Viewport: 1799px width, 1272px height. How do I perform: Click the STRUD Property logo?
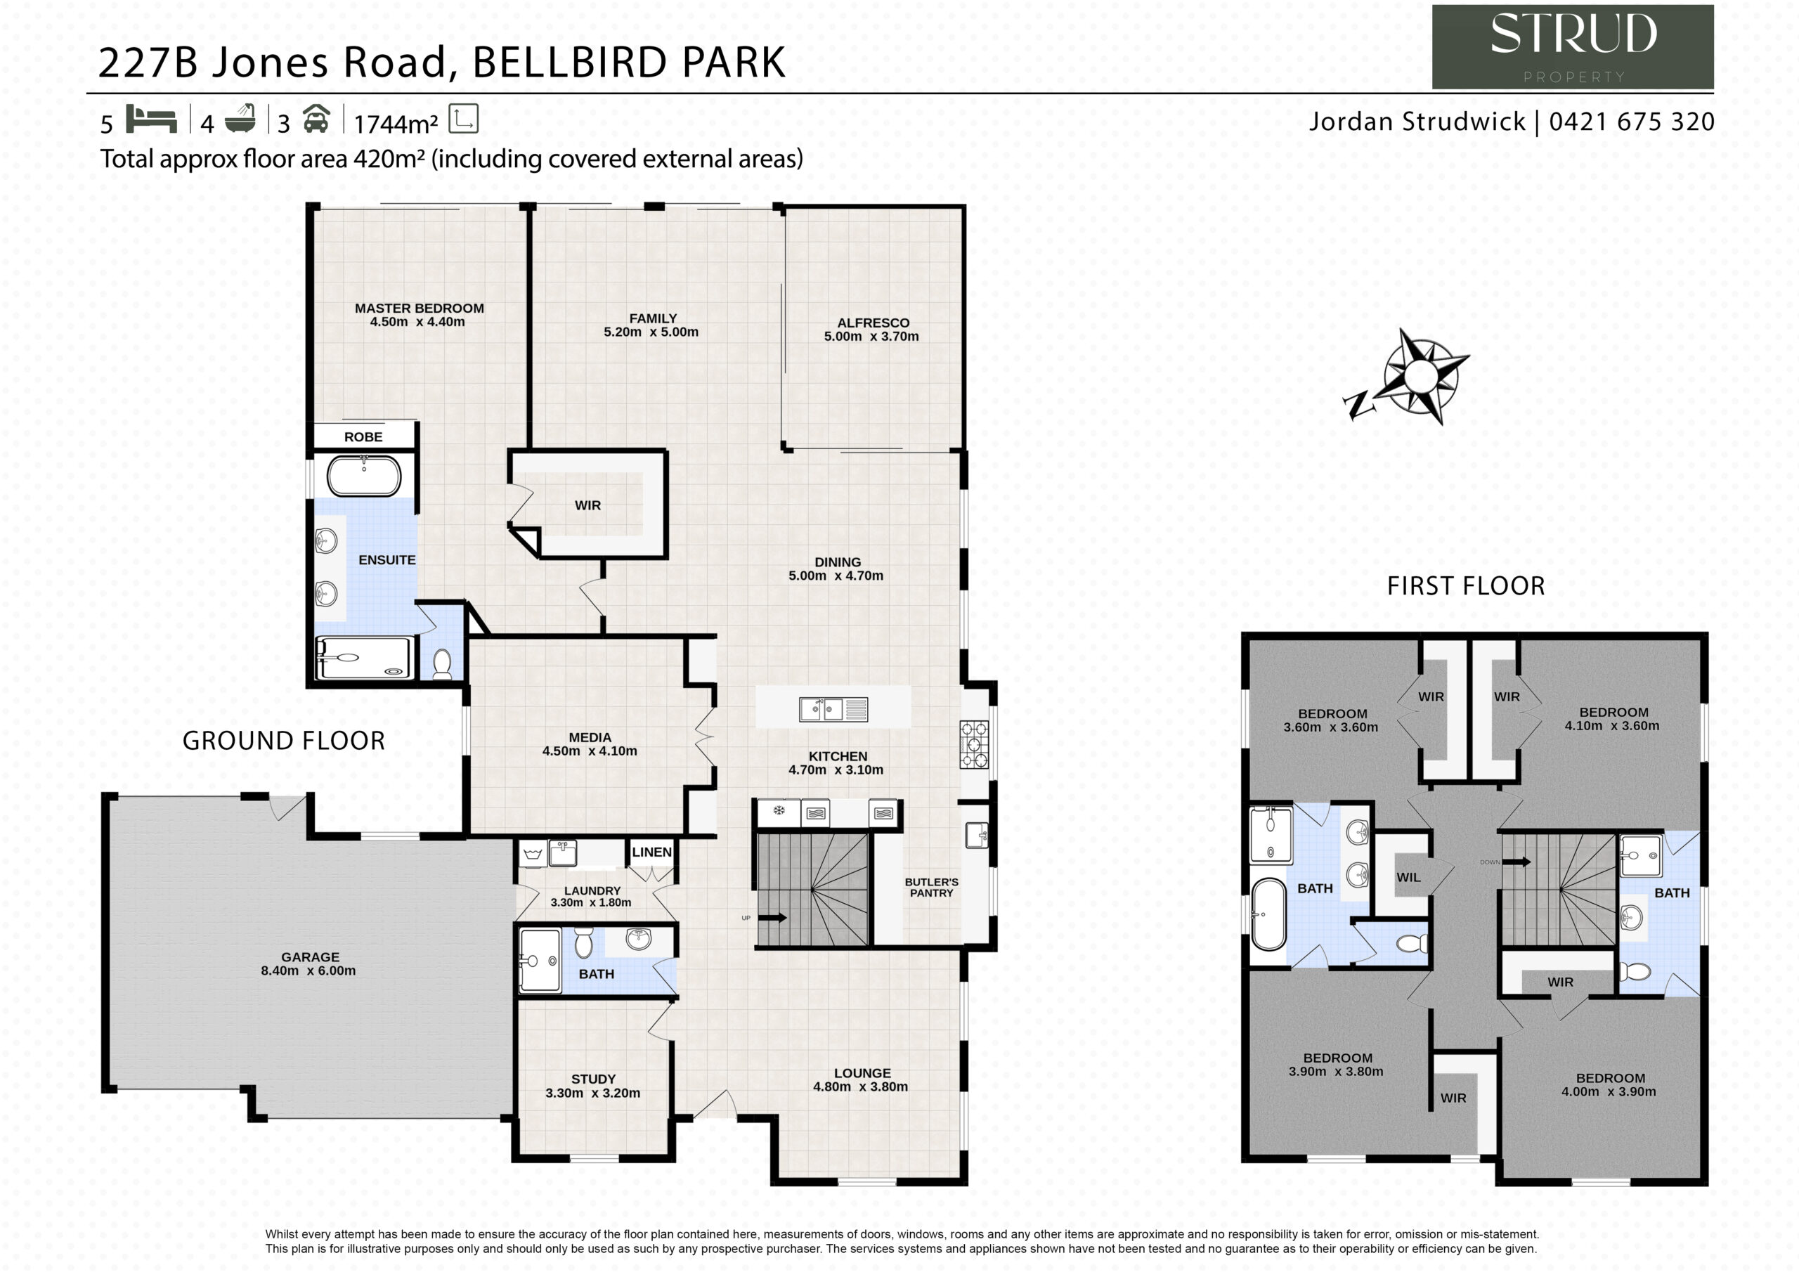[x=1573, y=47]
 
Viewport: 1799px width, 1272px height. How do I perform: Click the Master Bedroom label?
[x=420, y=308]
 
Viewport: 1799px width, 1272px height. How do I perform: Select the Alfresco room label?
[x=873, y=323]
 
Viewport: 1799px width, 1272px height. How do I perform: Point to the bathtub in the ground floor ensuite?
[x=363, y=475]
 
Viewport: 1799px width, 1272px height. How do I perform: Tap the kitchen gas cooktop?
[x=974, y=744]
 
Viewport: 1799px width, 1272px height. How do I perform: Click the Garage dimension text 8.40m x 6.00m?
[x=308, y=971]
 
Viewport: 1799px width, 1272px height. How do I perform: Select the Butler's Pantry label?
[x=932, y=887]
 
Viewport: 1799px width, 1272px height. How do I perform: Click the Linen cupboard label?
[x=652, y=852]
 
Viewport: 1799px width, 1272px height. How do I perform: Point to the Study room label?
[x=593, y=1079]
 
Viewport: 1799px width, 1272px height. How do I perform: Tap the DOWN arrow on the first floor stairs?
[x=1516, y=862]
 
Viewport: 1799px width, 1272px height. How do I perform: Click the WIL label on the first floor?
[x=1408, y=877]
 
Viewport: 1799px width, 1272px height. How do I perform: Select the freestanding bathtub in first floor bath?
[x=1269, y=914]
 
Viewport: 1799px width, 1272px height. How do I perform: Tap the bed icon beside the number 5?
[x=151, y=120]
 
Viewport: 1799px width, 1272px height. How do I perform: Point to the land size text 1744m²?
[x=396, y=124]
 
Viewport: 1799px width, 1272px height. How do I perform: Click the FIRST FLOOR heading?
[x=1466, y=585]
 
